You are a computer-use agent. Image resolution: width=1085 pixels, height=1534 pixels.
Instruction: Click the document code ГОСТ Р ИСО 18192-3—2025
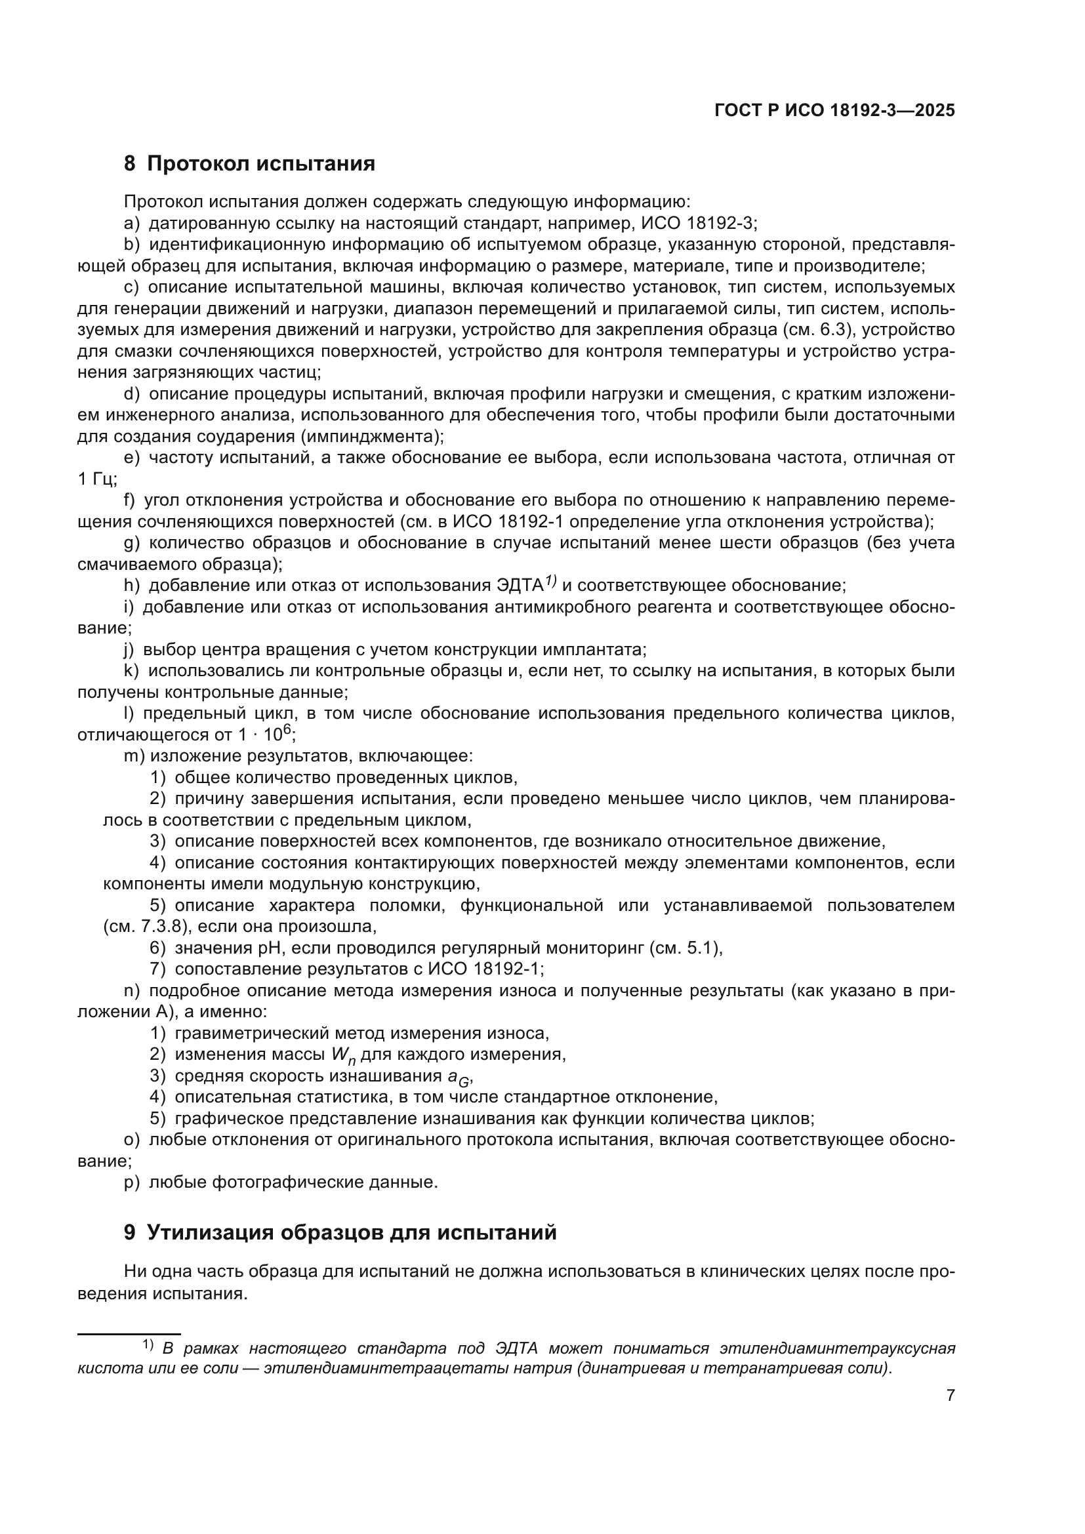point(834,111)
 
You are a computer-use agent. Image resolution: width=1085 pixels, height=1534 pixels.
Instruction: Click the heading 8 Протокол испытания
point(249,164)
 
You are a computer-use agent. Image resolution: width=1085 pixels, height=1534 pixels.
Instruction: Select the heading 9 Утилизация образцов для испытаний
point(340,1232)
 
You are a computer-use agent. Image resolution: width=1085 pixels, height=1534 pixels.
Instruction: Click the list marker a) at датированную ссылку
point(132,223)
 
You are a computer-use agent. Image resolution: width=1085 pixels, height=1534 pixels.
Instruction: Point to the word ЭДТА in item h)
point(520,586)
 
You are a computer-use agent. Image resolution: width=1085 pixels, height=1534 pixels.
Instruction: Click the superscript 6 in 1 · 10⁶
point(287,730)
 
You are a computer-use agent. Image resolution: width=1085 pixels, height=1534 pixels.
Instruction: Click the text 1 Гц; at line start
point(98,479)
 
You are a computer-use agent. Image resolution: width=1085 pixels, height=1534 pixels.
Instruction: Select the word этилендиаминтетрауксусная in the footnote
point(837,1349)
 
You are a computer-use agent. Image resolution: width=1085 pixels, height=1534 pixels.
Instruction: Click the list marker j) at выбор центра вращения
point(129,649)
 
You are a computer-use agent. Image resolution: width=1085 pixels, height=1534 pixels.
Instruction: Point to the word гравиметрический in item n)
point(246,1034)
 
